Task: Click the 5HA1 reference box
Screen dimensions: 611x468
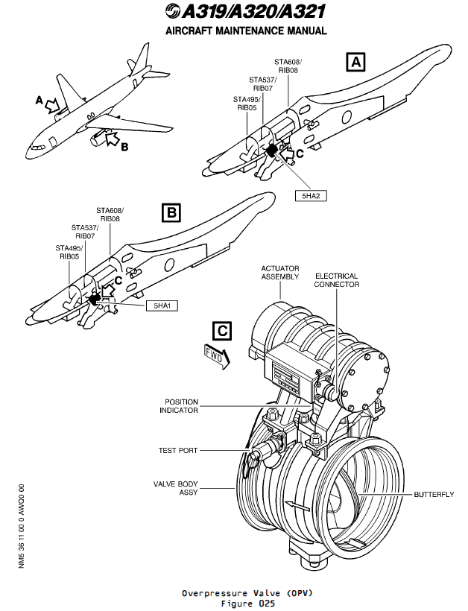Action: pos(162,305)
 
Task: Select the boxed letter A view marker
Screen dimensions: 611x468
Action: pos(357,62)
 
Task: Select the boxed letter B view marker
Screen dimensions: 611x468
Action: pos(172,214)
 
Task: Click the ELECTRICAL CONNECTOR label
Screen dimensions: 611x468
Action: pos(336,280)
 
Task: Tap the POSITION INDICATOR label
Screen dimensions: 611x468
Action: pos(181,405)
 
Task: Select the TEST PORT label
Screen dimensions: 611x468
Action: pos(178,451)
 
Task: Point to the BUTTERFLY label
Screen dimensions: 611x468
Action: pos(433,495)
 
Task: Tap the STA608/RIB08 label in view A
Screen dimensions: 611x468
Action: pos(288,64)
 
